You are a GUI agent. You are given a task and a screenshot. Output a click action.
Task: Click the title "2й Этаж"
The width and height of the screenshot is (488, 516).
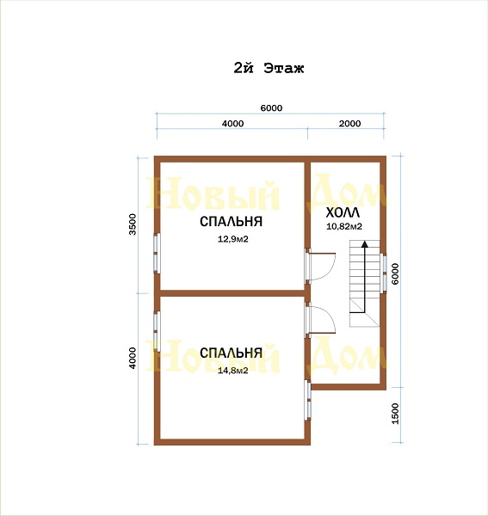[269, 69]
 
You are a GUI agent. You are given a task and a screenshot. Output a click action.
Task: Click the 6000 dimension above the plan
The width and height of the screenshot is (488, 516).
[271, 108]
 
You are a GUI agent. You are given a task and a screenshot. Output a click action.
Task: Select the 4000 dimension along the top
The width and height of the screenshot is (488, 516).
[232, 123]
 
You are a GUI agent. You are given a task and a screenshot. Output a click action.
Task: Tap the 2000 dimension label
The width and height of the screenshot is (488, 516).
[349, 123]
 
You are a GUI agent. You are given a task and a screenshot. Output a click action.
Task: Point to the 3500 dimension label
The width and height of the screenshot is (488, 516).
[133, 224]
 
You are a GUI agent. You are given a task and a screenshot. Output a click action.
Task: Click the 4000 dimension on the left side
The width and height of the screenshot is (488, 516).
[133, 358]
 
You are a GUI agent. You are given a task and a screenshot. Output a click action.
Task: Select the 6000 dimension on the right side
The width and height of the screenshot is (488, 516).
[395, 273]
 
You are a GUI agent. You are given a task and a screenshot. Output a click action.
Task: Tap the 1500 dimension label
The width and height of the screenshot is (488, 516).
[395, 414]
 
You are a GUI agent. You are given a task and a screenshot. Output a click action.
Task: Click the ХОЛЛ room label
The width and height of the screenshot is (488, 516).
[343, 213]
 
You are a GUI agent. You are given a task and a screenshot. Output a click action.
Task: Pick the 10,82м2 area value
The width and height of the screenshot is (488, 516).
[344, 226]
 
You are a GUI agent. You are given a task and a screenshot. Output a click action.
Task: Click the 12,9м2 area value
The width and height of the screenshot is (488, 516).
[232, 239]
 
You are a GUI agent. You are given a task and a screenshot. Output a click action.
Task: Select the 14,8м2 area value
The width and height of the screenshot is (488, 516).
[232, 371]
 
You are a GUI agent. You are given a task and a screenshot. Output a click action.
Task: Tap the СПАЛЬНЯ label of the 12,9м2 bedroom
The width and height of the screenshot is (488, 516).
[232, 222]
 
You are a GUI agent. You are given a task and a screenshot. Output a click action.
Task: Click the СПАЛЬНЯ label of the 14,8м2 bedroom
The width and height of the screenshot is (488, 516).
[232, 353]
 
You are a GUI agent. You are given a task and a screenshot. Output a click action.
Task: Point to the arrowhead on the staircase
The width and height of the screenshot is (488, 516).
[365, 244]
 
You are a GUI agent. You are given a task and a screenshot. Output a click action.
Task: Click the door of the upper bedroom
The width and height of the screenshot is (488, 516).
[320, 266]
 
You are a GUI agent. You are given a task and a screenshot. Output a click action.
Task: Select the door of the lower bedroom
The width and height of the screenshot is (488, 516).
[320, 321]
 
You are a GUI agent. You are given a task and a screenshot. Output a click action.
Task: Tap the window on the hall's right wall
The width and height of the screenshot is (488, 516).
[384, 273]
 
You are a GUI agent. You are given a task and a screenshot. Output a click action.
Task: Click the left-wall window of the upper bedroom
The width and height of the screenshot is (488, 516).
[157, 253]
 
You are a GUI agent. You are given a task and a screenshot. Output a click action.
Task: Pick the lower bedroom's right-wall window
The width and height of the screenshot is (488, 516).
[308, 400]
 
